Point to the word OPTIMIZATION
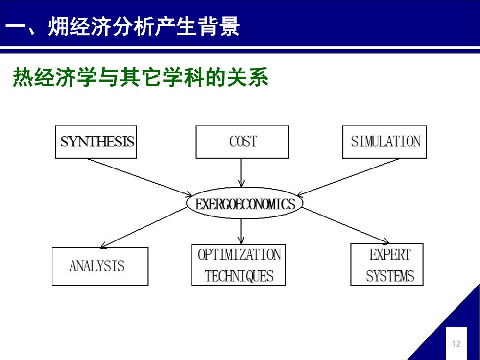pyautogui.click(x=240, y=255)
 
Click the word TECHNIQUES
pyautogui.click(x=239, y=276)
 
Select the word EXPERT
pyautogui.click(x=390, y=255)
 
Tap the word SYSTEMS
pyautogui.click(x=390, y=276)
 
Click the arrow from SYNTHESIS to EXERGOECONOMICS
pyautogui.click(x=139, y=177)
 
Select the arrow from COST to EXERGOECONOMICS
pyautogui.click(x=241, y=172)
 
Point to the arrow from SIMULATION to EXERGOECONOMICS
pyautogui.click(x=348, y=177)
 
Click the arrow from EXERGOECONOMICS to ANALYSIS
pyautogui.click(x=144, y=227)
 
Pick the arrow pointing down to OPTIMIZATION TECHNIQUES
pyautogui.click(x=241, y=232)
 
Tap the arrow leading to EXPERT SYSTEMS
pyautogui.click(x=346, y=226)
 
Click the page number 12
pyautogui.click(x=456, y=344)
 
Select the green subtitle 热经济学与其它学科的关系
pyautogui.click(x=141, y=77)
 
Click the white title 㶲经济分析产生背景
pyautogui.click(x=144, y=26)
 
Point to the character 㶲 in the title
pyautogui.click(x=58, y=26)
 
